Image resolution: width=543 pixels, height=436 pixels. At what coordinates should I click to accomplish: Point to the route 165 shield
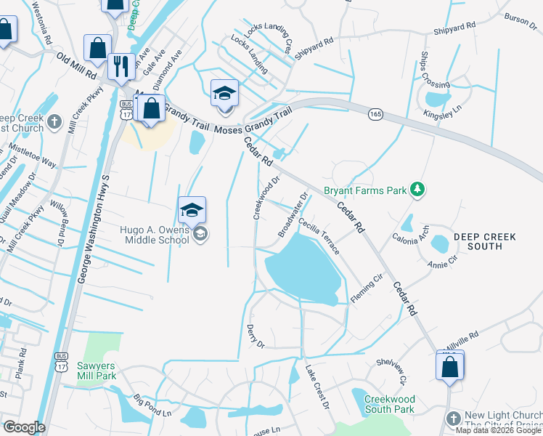(375, 114)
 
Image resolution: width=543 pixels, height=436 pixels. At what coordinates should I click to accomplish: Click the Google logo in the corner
(23, 427)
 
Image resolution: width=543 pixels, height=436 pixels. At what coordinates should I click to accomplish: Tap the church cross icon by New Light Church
(453, 419)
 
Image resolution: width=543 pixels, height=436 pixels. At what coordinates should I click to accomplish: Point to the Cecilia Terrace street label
(318, 237)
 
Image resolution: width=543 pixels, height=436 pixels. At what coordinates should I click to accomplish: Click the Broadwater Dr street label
(294, 214)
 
